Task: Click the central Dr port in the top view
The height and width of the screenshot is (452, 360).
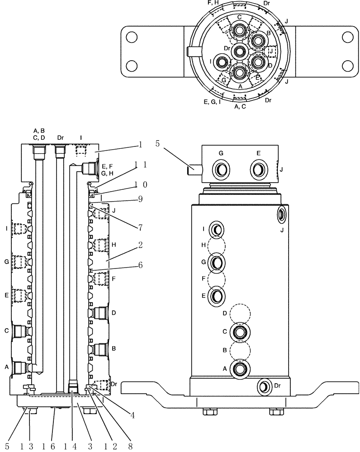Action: [x=239, y=51]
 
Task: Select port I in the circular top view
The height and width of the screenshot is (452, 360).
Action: [x=222, y=62]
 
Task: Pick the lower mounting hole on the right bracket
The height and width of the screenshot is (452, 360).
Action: [x=347, y=66]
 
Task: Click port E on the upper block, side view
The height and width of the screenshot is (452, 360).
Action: [x=258, y=170]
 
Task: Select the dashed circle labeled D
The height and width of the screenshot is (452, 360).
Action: [x=239, y=313]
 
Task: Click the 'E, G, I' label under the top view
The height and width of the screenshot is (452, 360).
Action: [x=212, y=102]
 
